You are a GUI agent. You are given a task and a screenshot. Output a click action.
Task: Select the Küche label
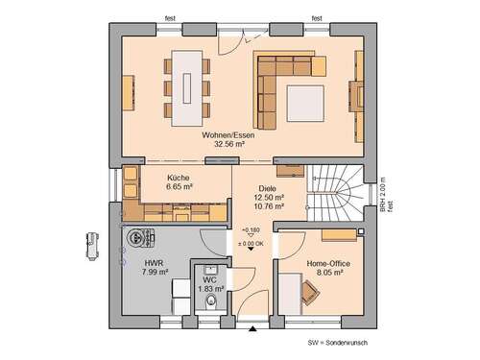coord(178,177)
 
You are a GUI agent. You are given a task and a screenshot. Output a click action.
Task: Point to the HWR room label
coord(154,262)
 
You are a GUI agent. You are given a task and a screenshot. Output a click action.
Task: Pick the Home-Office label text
coord(323,262)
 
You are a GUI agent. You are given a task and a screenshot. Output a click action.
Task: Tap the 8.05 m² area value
coord(323,272)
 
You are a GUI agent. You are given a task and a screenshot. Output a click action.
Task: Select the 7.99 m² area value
coord(154,272)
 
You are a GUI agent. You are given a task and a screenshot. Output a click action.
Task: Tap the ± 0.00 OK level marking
coord(251,245)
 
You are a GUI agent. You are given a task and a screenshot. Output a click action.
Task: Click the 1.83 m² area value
coord(211,288)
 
